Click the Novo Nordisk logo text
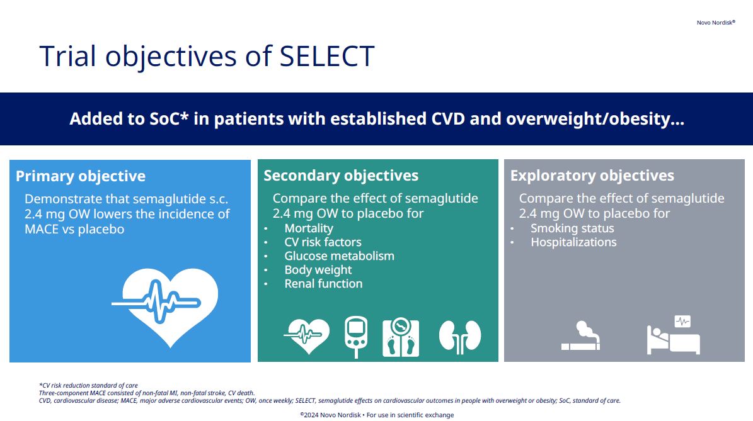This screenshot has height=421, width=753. click(x=716, y=23)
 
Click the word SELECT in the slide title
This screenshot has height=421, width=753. click(x=326, y=56)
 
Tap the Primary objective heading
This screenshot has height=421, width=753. click(x=81, y=176)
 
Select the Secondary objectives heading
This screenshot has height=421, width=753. click(x=341, y=176)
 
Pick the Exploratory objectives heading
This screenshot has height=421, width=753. click(x=592, y=176)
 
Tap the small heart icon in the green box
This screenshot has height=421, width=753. click(x=307, y=335)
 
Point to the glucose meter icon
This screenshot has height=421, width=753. click(x=356, y=337)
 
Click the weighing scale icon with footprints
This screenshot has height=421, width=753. click(x=401, y=337)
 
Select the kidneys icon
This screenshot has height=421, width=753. click(x=460, y=336)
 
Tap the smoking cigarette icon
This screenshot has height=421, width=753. click(x=581, y=336)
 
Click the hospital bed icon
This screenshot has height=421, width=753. click(x=673, y=335)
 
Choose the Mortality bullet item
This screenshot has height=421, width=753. click(x=309, y=228)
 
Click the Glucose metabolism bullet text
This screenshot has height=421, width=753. click(x=339, y=256)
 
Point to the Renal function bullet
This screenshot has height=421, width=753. click(x=323, y=283)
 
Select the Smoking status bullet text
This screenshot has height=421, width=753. click(x=572, y=228)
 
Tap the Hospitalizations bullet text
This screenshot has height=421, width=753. click(x=573, y=242)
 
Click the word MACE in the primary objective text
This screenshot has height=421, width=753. click(x=42, y=229)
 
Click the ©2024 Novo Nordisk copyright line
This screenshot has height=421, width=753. click(x=377, y=415)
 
